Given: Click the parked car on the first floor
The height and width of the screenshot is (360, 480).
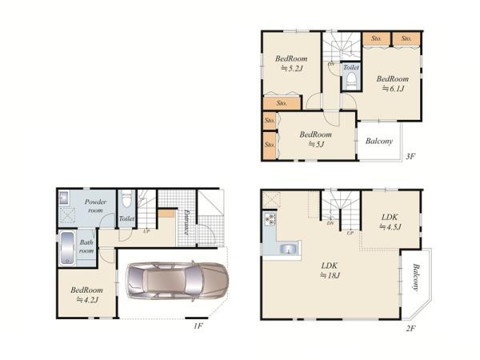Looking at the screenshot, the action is coord(178,281).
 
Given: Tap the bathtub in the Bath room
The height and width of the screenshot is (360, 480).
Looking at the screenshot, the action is coord(67,248).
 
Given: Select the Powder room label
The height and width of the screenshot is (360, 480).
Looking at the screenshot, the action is coord(95,206).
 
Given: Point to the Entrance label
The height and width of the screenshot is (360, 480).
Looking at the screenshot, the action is coord(186,222).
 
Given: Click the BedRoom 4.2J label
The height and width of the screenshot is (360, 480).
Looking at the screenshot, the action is coord(87,294).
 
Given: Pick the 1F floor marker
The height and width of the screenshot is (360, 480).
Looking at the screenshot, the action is coord(198,326).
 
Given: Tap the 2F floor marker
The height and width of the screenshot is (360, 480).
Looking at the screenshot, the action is coord(410,329).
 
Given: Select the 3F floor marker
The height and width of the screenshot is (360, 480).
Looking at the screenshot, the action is coord(410,156).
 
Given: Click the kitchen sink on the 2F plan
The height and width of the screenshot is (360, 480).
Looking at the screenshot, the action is coord(288,248).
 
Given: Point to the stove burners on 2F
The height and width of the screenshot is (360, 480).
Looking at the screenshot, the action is coord(270,220).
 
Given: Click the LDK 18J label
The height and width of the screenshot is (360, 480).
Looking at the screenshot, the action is coord(330,270).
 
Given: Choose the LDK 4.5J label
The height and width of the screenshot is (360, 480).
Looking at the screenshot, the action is coord(390,222).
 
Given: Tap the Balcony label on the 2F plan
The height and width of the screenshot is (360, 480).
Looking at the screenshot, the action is coord(414,277).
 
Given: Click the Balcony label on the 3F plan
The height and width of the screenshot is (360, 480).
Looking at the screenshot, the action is coord(379,141).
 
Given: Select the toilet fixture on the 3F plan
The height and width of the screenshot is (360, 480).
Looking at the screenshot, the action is coord(351,82).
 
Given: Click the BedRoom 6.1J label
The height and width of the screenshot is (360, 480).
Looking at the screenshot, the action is coord(393,83).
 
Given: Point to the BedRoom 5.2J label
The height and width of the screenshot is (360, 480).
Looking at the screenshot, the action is coord(291,63).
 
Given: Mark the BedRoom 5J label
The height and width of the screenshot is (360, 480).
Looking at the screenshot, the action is coord(316,139).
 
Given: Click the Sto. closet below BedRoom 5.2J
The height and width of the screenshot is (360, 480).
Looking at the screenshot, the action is coord(282,103).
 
